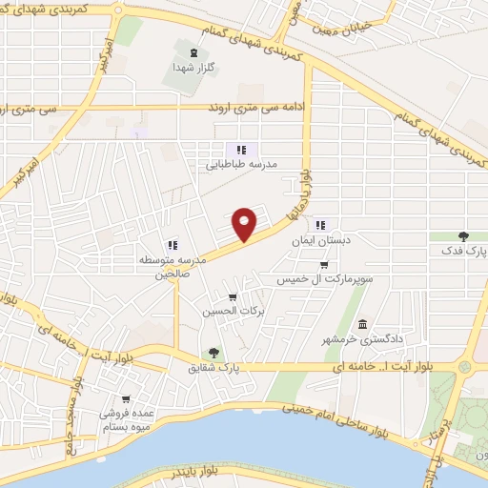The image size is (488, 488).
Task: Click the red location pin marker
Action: pos(246,224)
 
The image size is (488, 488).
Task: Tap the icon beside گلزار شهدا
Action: pos(194,52)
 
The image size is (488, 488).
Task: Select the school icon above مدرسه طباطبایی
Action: pos(241,149)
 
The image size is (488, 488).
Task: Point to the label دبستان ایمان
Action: pos(321,241)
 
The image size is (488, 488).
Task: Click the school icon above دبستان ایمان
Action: pos(321,226)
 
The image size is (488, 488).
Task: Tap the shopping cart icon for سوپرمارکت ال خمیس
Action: pos(324,265)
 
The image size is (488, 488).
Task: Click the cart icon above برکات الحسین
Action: pos(232,297)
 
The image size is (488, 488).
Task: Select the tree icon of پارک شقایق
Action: pos(213,352)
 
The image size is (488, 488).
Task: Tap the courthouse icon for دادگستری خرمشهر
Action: pos(362,324)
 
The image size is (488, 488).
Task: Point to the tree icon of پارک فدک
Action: pos(463,235)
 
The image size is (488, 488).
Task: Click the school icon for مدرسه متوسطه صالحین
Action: pos(173,244)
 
